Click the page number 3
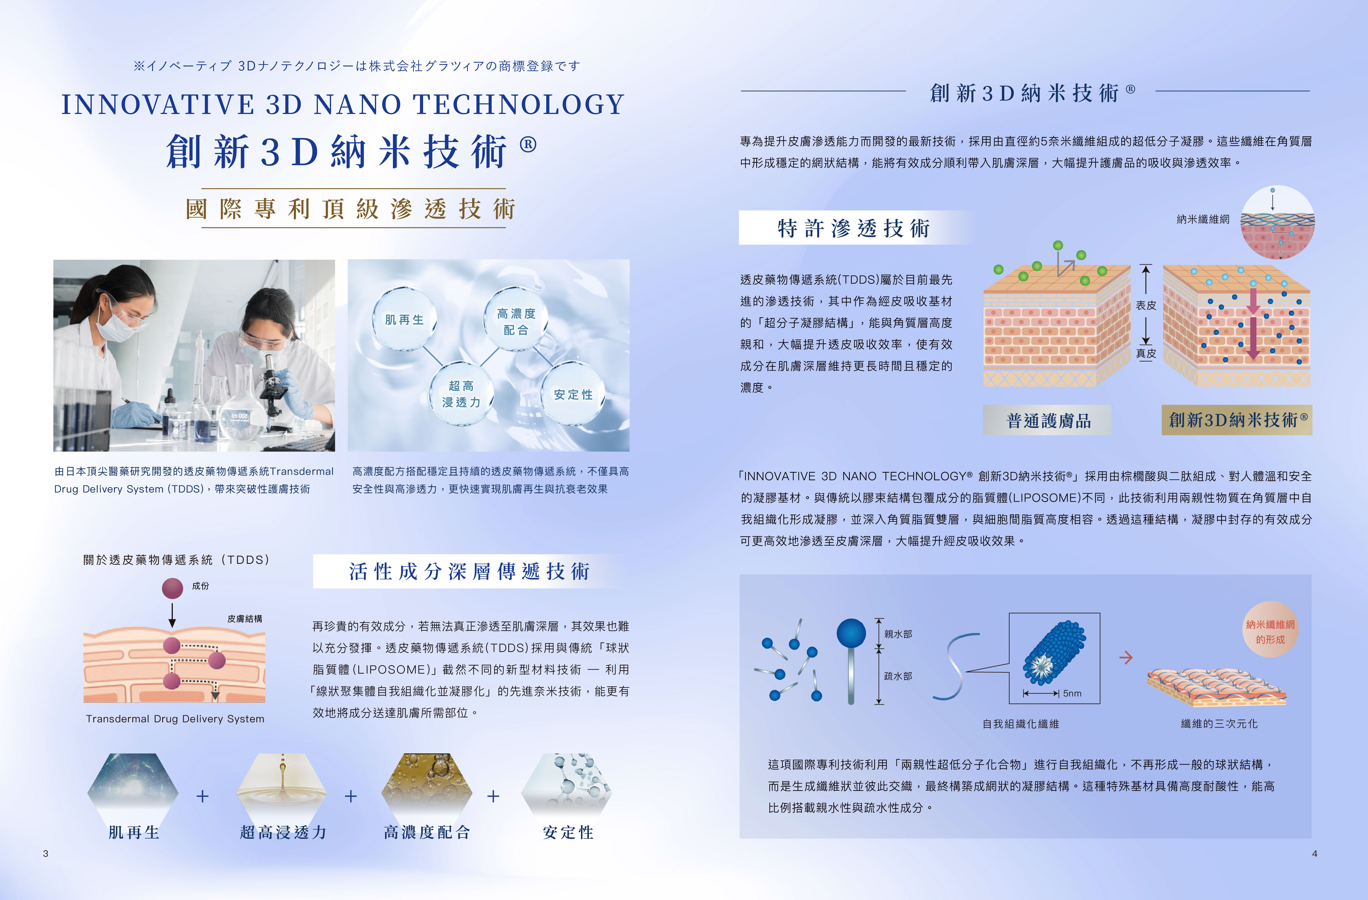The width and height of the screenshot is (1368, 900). click(45, 853)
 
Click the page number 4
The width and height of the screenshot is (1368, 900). click(1315, 853)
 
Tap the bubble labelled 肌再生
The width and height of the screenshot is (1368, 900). click(404, 319)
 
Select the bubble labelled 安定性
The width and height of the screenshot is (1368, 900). click(573, 394)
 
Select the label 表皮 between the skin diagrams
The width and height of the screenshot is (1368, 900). click(1145, 305)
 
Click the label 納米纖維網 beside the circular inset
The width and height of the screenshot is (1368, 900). click(1203, 219)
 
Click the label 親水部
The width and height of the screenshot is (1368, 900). click(898, 634)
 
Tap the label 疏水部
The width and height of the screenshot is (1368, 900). click(898, 676)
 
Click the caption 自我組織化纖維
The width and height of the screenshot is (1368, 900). click(1021, 724)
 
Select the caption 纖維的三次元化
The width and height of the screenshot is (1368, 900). click(1219, 724)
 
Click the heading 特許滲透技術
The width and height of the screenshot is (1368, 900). click(853, 228)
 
